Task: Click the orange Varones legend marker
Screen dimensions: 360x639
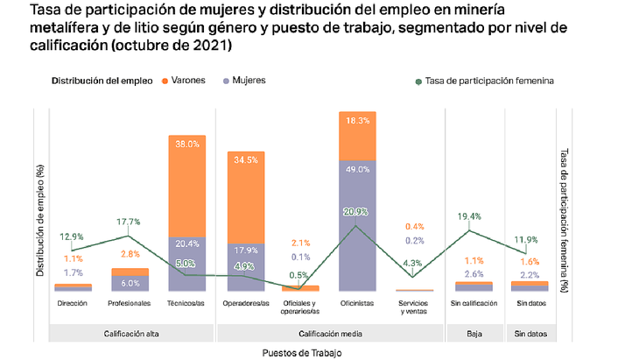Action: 165,81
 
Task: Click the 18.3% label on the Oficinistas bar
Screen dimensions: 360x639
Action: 356,121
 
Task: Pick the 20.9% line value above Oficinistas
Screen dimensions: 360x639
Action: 356,212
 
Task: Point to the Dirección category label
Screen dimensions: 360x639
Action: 73,303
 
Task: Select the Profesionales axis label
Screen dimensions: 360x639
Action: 129,303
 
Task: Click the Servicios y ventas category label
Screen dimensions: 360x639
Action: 414,307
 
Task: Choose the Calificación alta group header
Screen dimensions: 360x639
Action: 130,333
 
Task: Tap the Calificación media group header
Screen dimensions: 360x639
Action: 330,333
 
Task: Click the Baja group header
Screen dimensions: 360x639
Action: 474,333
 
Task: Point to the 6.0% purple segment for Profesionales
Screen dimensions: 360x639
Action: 130,283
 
